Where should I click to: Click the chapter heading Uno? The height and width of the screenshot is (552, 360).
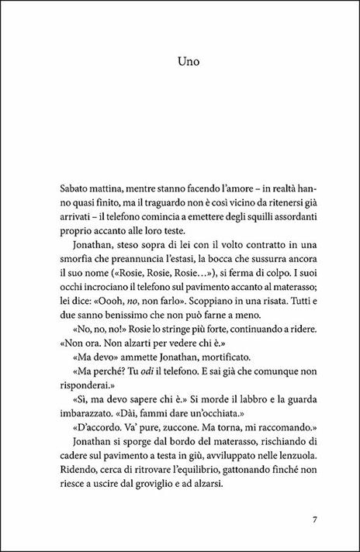[x=179, y=59]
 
